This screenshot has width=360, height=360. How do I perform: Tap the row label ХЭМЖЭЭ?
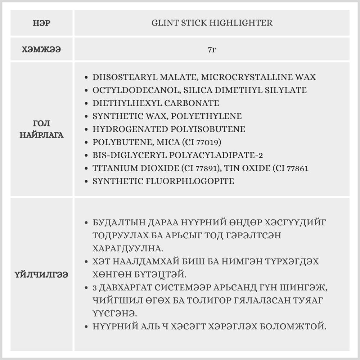pyautogui.click(x=42, y=49)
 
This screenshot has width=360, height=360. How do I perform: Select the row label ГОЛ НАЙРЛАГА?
pyautogui.click(x=42, y=130)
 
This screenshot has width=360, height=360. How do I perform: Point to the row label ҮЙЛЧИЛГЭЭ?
pyautogui.click(x=42, y=275)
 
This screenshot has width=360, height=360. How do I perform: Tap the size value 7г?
pyautogui.click(x=212, y=49)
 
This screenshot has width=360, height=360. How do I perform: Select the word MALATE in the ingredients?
pyautogui.click(x=178, y=77)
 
